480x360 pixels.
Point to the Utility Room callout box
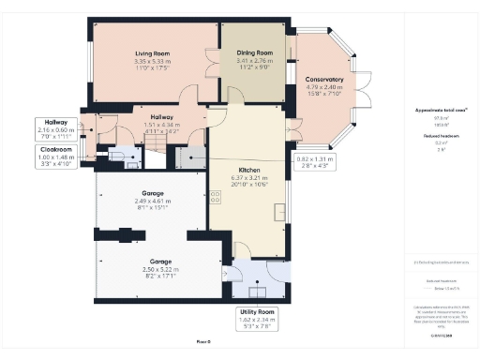tap(256, 319)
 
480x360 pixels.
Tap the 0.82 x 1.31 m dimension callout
tap(316, 162)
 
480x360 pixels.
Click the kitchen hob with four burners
tap(217, 198)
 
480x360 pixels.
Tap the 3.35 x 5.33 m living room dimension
tap(152, 62)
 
